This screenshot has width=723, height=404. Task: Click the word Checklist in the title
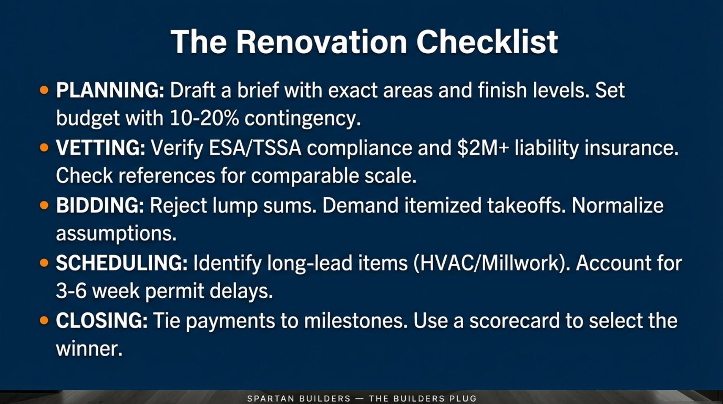tap(487, 42)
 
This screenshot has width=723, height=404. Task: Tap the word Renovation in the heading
tap(321, 42)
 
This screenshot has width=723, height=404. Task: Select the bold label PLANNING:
tap(110, 90)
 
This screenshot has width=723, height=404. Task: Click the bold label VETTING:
tap(101, 148)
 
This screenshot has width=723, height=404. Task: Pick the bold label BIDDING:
tap(100, 206)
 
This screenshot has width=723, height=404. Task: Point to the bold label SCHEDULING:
tap(121, 263)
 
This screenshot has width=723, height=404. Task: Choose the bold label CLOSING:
tap(102, 321)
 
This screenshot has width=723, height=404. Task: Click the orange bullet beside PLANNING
tap(44, 90)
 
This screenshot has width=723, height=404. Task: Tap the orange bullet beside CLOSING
tap(44, 321)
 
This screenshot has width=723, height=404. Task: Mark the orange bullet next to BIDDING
tap(44, 206)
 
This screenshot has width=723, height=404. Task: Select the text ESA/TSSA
tap(255, 148)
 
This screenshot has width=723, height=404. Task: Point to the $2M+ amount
tap(483, 148)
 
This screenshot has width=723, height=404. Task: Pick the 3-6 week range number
tap(71, 291)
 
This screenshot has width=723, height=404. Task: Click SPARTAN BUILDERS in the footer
tap(298, 398)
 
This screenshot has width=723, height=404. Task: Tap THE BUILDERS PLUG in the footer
tap(423, 398)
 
